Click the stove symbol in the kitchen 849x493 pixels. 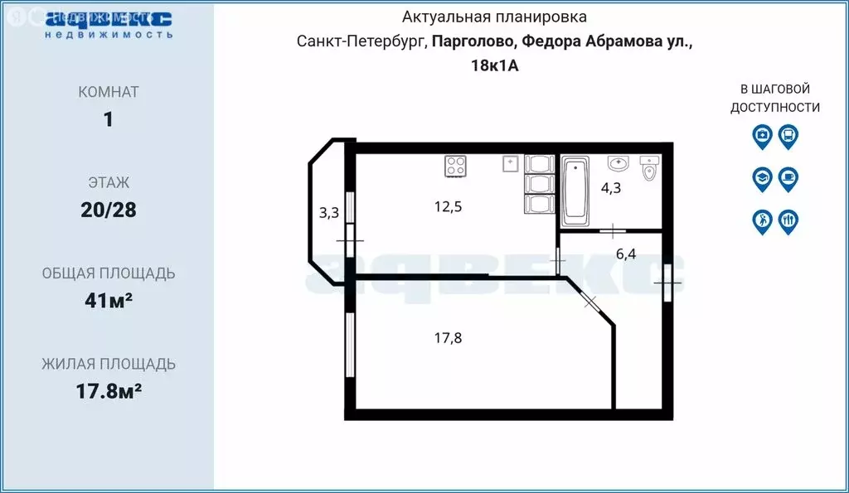coord(457,167)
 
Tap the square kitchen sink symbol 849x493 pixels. coord(510,163)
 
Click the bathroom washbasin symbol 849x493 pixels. coord(618,163)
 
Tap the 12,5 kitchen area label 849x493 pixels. coord(448,206)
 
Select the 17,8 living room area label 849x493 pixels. coord(448,337)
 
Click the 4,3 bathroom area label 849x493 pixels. coord(610,188)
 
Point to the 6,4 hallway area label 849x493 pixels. coord(625,254)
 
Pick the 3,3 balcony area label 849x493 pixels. coord(329,213)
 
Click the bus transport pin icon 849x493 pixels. coord(788,135)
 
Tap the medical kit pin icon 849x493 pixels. coord(762,135)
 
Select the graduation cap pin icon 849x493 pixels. coord(762,177)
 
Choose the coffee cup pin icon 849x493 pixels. coord(788,177)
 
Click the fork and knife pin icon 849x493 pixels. coord(788,220)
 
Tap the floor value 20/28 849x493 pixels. coord(109,210)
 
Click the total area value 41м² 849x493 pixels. coord(109,301)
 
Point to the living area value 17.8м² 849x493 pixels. coord(109,391)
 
